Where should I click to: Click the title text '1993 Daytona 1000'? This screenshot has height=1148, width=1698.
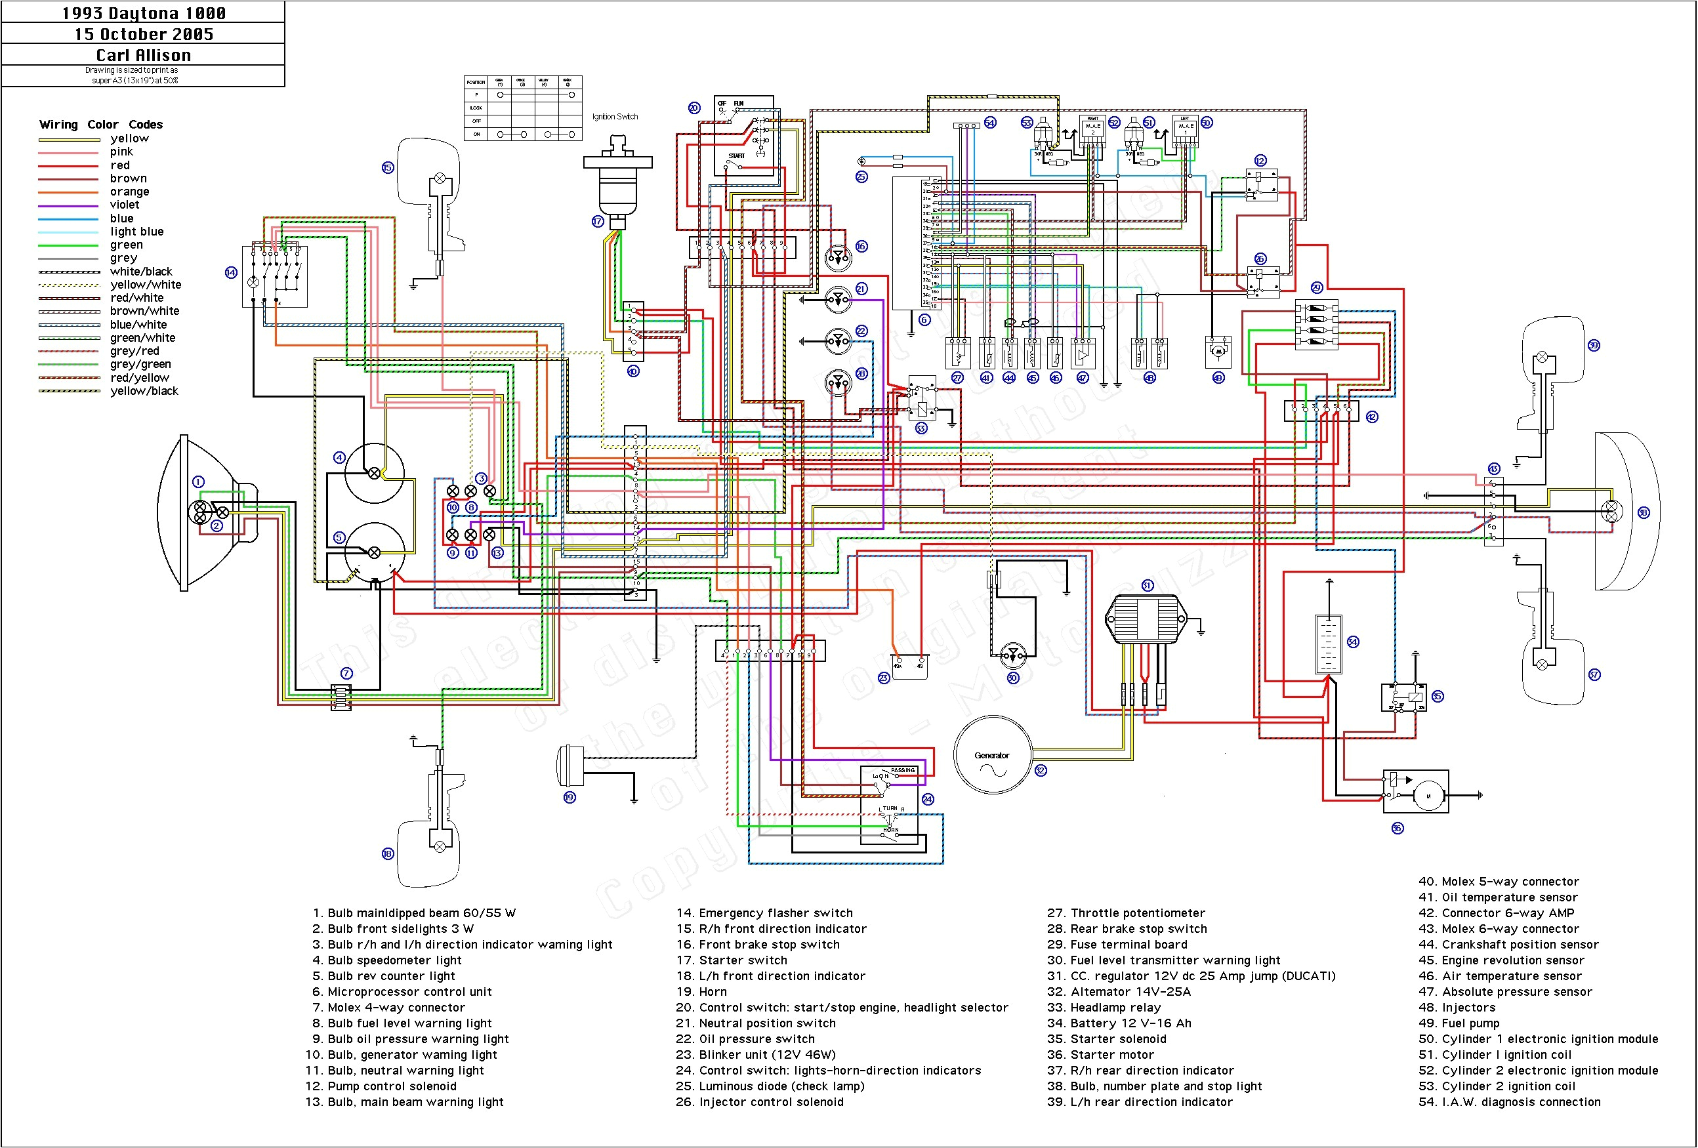coord(143,13)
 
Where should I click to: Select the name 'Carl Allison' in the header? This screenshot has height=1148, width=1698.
coord(143,55)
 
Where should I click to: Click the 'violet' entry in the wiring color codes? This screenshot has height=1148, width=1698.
coord(124,205)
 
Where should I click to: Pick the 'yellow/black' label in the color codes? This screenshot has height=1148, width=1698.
coord(144,391)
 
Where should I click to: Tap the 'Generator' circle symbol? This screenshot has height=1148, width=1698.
coord(991,755)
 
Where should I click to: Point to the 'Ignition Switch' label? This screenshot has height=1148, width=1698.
coord(615,117)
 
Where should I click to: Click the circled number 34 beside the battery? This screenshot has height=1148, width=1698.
coord(1352,642)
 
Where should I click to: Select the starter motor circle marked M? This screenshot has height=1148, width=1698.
coord(1428,796)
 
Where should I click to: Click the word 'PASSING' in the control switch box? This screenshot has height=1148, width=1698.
coord(902,770)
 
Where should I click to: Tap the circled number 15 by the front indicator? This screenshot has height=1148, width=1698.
coord(387,167)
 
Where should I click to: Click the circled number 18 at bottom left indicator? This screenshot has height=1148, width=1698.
coord(387,853)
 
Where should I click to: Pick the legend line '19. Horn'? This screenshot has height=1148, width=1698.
coord(701,992)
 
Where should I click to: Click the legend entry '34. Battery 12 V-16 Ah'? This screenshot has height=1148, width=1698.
coord(1119,1023)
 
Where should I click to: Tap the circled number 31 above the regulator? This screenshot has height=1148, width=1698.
coord(1147,585)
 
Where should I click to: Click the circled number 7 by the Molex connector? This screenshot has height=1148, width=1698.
coord(346,673)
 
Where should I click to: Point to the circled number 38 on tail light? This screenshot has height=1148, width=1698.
coord(1643,512)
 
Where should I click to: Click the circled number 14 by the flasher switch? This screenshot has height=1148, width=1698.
coord(231,272)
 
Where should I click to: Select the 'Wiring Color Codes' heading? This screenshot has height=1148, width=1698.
coord(101,124)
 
